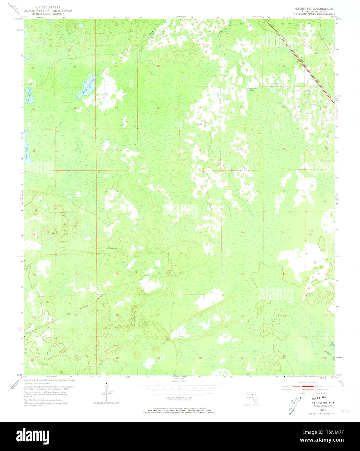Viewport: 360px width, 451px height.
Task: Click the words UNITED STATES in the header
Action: coord(45,7)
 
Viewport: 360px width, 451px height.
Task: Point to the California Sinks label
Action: coord(253,89)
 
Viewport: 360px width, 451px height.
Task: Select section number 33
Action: coord(200,150)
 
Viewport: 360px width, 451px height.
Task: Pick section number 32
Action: coord(158,150)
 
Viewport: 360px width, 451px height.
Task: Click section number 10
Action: coord(242,232)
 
